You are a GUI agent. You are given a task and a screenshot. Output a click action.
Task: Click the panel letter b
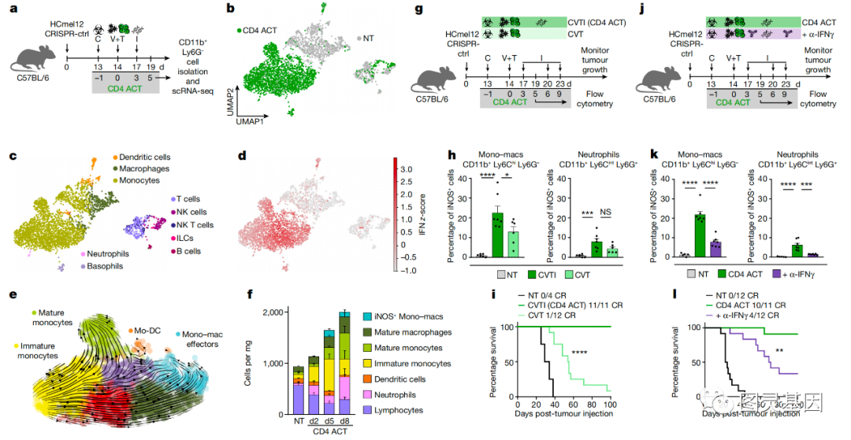click(229, 9)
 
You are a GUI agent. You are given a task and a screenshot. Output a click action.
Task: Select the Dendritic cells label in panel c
click(145, 157)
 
